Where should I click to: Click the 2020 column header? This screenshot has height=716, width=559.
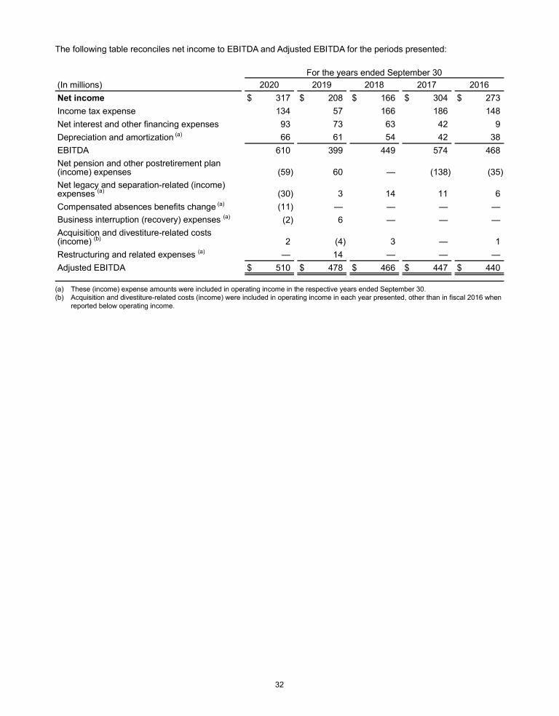click(270, 84)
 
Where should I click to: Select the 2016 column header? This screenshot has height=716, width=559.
click(479, 84)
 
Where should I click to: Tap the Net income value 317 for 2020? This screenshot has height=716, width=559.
click(285, 98)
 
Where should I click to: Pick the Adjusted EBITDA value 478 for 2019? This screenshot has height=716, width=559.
click(336, 268)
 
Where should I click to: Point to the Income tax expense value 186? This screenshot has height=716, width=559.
click(440, 111)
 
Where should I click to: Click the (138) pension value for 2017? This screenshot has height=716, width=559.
click(437, 173)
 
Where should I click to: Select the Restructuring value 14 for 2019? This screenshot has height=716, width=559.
click(338, 255)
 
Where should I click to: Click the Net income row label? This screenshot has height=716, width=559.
click(80, 98)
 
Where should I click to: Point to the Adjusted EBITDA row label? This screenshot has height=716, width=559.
click(91, 268)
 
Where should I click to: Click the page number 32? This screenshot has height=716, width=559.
click(279, 683)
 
